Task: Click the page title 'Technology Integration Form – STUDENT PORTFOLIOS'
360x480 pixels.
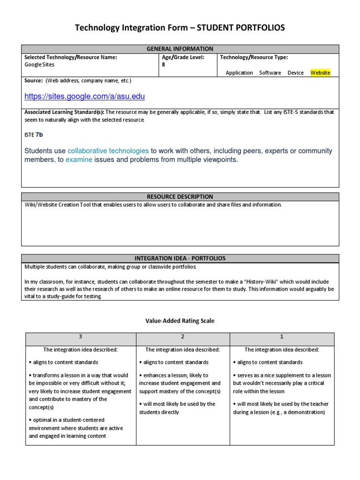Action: (180, 29)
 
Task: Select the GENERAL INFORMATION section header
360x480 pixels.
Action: (180, 49)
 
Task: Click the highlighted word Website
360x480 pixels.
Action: (321, 73)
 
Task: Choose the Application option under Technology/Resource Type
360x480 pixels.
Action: (239, 73)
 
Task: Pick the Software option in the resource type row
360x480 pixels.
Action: (270, 73)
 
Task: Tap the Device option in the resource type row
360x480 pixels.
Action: (295, 73)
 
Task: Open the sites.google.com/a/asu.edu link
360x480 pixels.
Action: (85, 97)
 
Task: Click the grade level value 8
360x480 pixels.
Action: (163, 65)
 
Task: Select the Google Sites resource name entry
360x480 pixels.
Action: (40, 65)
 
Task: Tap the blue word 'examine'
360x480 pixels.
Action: (79, 160)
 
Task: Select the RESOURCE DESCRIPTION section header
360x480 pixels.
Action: (180, 197)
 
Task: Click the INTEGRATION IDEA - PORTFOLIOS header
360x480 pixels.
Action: (180, 258)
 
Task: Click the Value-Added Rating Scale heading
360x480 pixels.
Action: (180, 321)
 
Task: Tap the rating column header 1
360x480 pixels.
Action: (281, 337)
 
